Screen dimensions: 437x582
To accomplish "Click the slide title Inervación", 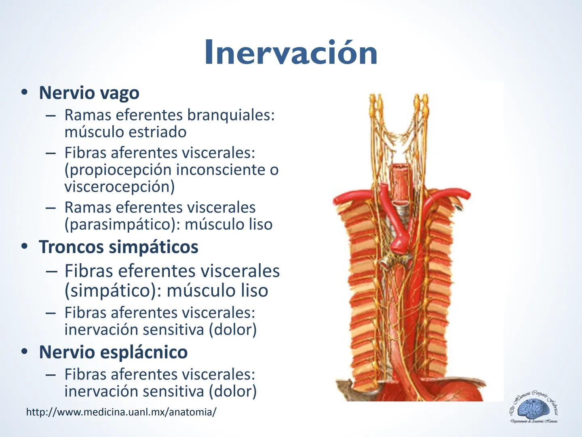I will tap(291, 53).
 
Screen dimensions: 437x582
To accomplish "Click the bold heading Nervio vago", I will tap(89, 93).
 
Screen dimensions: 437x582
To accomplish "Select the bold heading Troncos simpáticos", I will tap(118, 247).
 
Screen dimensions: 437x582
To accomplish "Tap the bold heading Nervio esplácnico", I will tap(113, 352).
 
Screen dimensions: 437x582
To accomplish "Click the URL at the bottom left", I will tap(121, 412).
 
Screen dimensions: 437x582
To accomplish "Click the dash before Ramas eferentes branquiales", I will tap(51, 115).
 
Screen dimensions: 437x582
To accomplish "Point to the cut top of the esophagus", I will tap(401, 167).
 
